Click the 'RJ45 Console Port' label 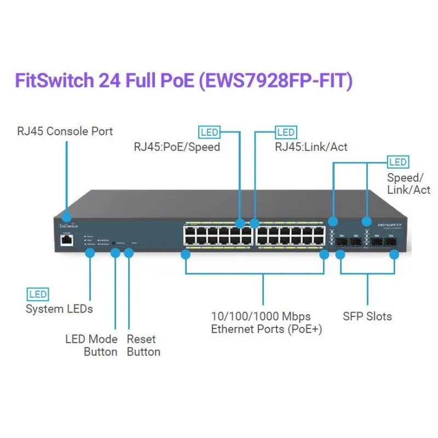click(65, 131)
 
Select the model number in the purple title click(275, 81)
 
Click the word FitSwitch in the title click(53, 81)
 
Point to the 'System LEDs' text click(59, 309)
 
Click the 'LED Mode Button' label click(91, 345)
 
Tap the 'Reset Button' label click(143, 345)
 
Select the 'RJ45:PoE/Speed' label click(177, 147)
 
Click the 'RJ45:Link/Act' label click(310, 147)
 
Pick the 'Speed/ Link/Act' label click(408, 184)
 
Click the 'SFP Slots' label click(367, 316)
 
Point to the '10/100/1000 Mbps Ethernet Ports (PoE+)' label click(267, 322)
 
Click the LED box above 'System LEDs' click(38, 295)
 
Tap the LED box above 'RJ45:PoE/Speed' click(209, 132)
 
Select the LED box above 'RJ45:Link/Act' click(286, 132)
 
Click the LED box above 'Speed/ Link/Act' click(398, 162)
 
